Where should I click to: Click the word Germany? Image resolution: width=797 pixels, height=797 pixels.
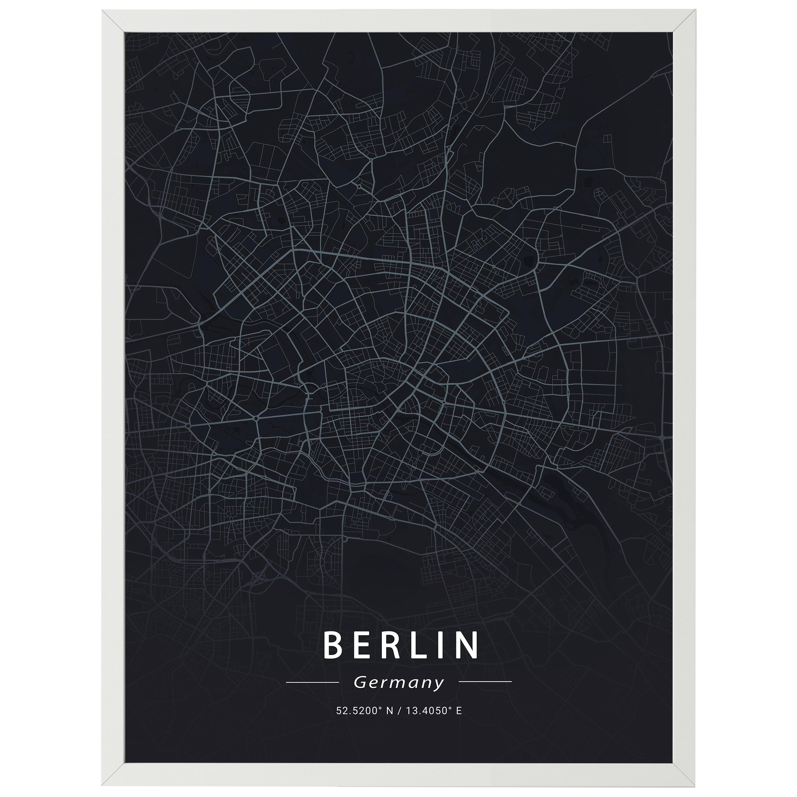coord(398,683)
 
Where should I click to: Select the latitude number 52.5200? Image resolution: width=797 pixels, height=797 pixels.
coord(353,711)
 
